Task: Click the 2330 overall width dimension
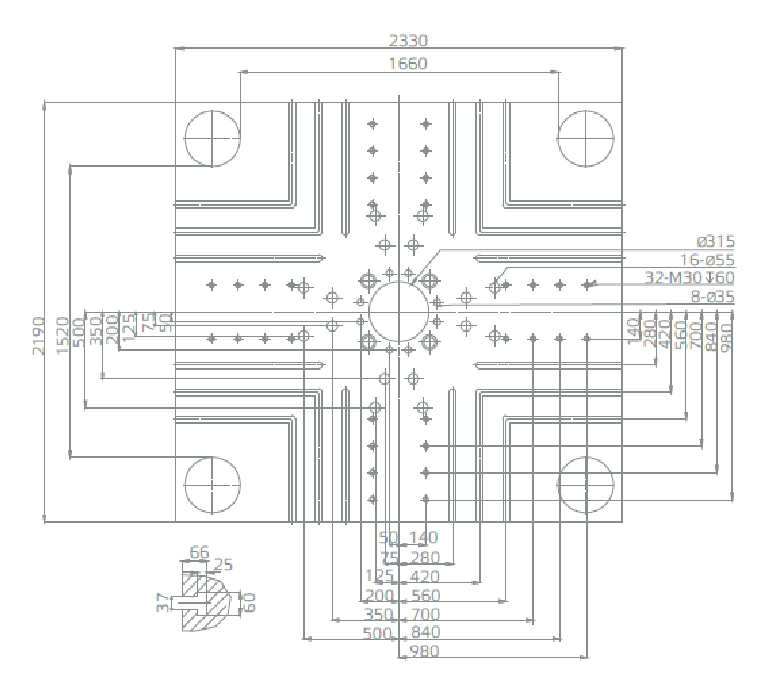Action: tap(408, 41)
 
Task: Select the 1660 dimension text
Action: tap(408, 64)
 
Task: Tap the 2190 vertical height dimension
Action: tap(38, 336)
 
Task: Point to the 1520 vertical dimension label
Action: tap(63, 336)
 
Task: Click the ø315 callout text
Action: tap(716, 241)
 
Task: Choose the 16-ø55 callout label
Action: tap(707, 260)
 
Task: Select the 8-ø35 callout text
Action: tap(712, 297)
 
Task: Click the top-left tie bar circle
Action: tap(212, 139)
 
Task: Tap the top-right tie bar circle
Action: tap(586, 139)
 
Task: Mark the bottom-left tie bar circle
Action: tap(212, 485)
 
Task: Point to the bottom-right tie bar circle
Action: tap(586, 485)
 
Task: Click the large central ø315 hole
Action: tap(399, 312)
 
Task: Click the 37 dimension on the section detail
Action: tap(162, 602)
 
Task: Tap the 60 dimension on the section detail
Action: tap(249, 603)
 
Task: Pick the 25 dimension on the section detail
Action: tap(223, 565)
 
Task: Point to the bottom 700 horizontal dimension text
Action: tap(425, 614)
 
